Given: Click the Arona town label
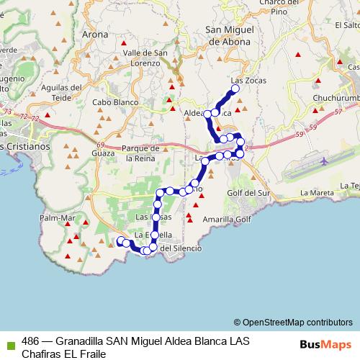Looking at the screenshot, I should pyautogui.click(x=95, y=34).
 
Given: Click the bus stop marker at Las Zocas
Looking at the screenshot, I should pyautogui.click(x=234, y=89).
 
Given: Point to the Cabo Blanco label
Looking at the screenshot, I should pyautogui.click(x=112, y=102).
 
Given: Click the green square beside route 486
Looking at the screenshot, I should pyautogui.click(x=10, y=340).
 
